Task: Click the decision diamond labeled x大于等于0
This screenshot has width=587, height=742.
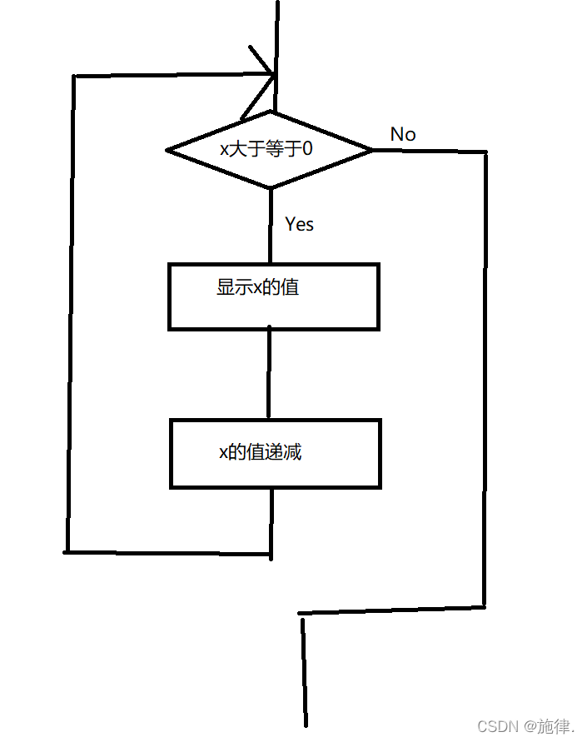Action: coord(270,150)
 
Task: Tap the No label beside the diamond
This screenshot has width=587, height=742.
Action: coord(403,134)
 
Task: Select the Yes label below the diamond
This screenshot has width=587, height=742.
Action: coord(299,224)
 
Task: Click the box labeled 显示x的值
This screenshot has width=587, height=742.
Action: coord(273,296)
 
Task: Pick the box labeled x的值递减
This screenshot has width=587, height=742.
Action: coord(275,453)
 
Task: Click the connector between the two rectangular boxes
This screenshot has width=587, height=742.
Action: coord(269,374)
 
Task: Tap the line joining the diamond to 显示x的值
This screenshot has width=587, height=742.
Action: coord(271,226)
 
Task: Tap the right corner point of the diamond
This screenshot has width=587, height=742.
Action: coord(371,150)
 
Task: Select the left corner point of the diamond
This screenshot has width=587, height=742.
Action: coord(168,151)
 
